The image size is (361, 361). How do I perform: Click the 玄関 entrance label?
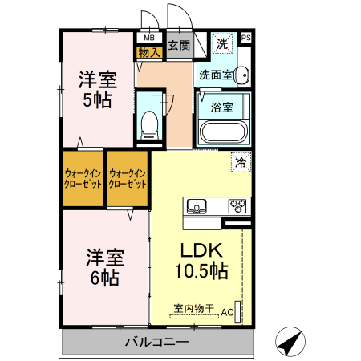point(179,45)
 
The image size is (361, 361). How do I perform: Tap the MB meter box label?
point(148,38)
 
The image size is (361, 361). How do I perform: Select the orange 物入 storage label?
point(149,52)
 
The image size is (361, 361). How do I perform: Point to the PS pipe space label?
point(245,38)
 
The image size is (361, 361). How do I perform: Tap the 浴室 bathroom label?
point(222,105)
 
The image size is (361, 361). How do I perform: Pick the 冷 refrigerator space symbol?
point(240,161)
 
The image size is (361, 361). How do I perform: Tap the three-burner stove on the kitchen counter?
point(239,205)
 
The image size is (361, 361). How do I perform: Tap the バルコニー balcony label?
point(156,343)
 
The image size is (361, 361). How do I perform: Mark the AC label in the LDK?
point(227,311)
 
